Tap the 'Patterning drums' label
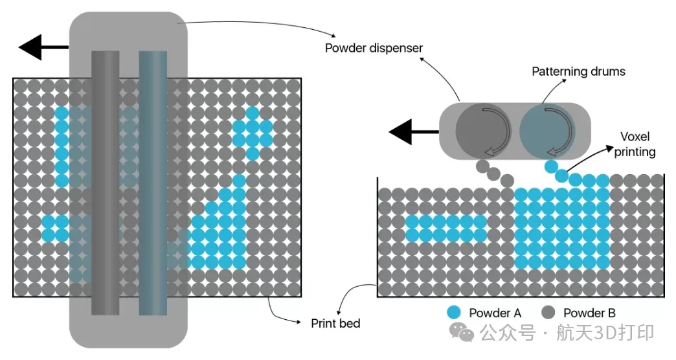coord(578,71)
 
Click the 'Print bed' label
coord(335,323)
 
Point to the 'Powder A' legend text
coord(495,313)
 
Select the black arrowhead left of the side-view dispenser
coord(401,133)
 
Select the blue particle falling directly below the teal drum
coord(550,166)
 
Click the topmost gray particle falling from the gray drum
coord(481,166)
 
